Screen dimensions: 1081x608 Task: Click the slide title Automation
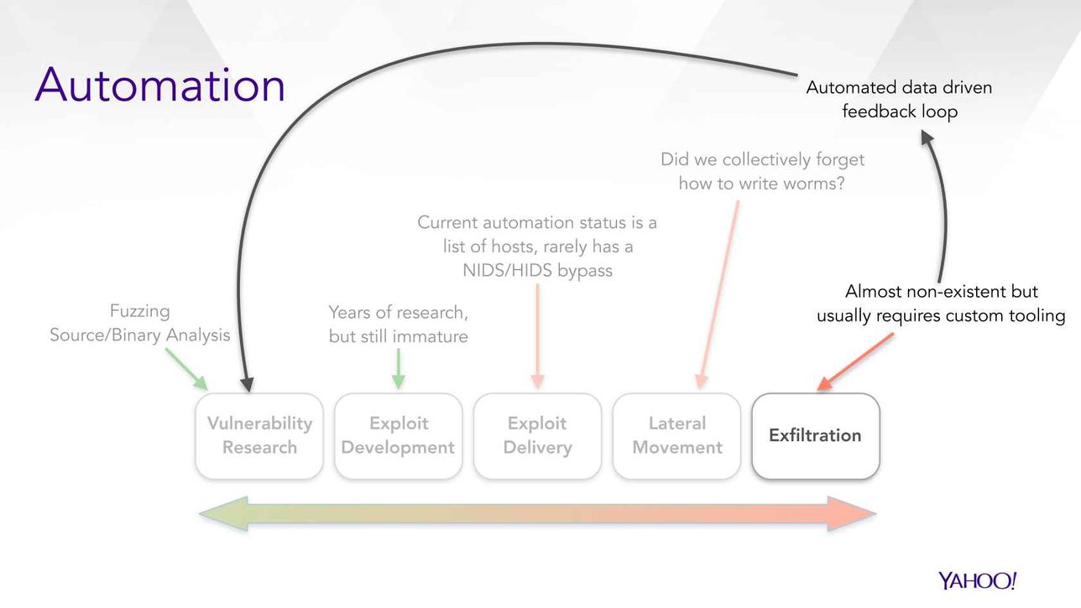[x=159, y=85]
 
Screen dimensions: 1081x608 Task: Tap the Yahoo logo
[x=977, y=580]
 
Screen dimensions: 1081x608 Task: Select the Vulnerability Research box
[x=259, y=436]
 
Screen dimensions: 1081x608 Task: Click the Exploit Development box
[x=398, y=436]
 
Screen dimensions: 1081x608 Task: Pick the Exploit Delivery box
[x=538, y=436]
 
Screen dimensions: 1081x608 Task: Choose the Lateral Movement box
[x=676, y=436]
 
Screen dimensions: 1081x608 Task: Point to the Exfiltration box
[x=816, y=436]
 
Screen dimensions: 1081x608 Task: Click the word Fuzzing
[x=140, y=311]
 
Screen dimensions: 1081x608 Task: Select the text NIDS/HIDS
[x=508, y=271]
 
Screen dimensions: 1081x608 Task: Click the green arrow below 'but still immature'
[x=398, y=368]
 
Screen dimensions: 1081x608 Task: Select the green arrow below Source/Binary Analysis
[x=187, y=369]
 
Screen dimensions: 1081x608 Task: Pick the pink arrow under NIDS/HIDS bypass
[x=538, y=335]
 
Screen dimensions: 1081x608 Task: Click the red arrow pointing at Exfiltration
[x=854, y=361]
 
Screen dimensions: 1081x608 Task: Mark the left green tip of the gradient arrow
[x=200, y=514]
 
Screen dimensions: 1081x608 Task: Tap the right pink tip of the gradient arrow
[x=876, y=514]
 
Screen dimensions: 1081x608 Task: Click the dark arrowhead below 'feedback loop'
[x=927, y=138]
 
